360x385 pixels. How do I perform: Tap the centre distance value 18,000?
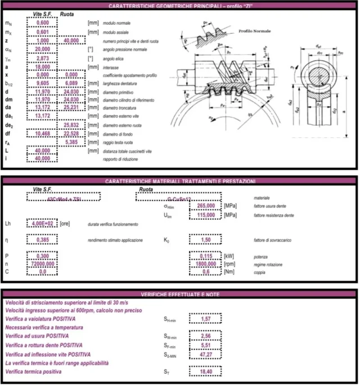pyautogui.click(x=42, y=66)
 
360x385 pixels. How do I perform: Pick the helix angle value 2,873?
pyautogui.click(x=42, y=58)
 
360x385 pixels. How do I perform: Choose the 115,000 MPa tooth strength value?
pyautogui.click(x=205, y=215)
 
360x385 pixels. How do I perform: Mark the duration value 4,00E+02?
pyautogui.click(x=41, y=224)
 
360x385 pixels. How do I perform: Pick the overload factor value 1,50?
pyautogui.click(x=205, y=240)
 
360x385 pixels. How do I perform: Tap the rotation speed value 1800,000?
pyautogui.click(x=205, y=264)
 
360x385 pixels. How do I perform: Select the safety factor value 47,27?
pyautogui.click(x=205, y=355)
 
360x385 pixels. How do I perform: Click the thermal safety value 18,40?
pyautogui.click(x=205, y=372)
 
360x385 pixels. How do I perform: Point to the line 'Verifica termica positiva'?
pyautogui.click(x=39, y=372)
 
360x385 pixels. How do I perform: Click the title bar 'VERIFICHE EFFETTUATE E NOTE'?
pyautogui.click(x=179, y=294)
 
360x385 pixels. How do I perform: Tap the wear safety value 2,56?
pyautogui.click(x=205, y=336)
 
